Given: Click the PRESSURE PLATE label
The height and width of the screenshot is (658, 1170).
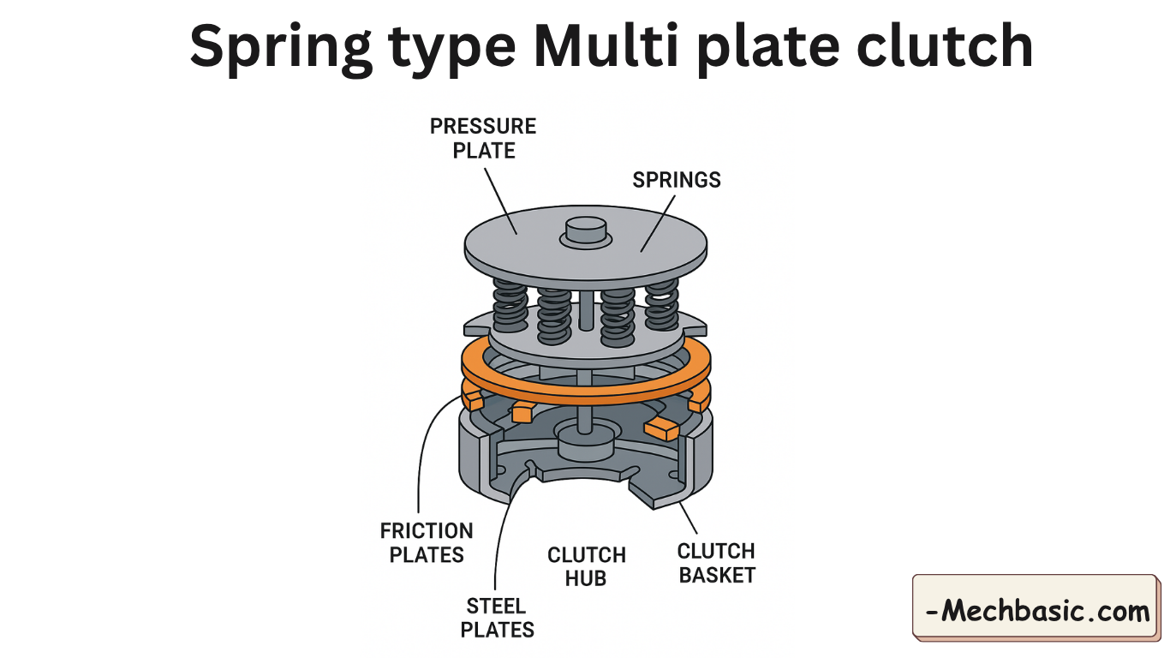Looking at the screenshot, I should (483, 139).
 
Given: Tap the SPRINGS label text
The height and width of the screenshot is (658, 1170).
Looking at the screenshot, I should (677, 180).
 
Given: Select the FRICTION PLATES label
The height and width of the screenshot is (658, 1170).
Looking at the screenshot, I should (427, 543).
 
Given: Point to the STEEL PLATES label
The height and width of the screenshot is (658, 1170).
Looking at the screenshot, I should (498, 619).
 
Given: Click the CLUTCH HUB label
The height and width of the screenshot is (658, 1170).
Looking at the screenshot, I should (587, 567).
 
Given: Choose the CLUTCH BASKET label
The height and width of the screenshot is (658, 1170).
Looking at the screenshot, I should (717, 563).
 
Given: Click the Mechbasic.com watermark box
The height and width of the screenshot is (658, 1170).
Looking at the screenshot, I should (1036, 609).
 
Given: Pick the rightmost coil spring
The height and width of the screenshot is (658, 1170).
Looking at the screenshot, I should (661, 305).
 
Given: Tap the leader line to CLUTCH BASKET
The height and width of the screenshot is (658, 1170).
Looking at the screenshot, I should (688, 517).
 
